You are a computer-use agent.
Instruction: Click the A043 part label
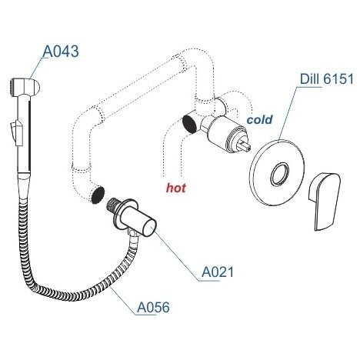tap(61, 52)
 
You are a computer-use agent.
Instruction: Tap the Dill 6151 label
tap(327, 78)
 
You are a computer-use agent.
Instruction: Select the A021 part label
tap(218, 272)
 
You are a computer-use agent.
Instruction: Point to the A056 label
tap(153, 307)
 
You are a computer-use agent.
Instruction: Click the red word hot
tap(176, 188)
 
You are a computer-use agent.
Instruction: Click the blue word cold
tap(259, 119)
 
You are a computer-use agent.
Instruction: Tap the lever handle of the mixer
tap(325, 202)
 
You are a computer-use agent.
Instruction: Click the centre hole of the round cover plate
tap(280, 174)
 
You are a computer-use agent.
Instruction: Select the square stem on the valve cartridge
tap(245, 146)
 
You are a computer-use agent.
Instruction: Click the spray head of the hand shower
tap(25, 87)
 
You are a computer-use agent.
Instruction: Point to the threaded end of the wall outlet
tap(112, 205)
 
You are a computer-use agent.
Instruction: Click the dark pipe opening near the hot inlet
tap(190, 124)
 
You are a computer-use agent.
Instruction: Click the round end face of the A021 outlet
tap(148, 227)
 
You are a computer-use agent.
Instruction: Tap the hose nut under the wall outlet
tap(132, 235)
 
